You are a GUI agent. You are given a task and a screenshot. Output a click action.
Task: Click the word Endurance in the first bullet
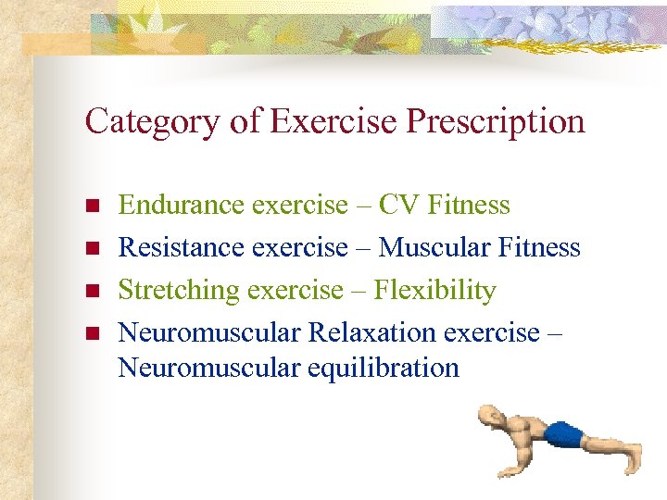[182, 204]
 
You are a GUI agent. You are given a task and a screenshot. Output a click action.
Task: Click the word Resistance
[182, 247]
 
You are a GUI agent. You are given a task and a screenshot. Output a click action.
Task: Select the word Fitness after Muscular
[539, 247]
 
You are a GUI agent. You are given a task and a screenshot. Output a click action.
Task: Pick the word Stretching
[179, 291]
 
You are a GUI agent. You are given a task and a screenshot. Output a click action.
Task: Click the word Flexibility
[434, 291]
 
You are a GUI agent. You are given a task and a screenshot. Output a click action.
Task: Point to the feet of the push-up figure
[633, 447]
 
